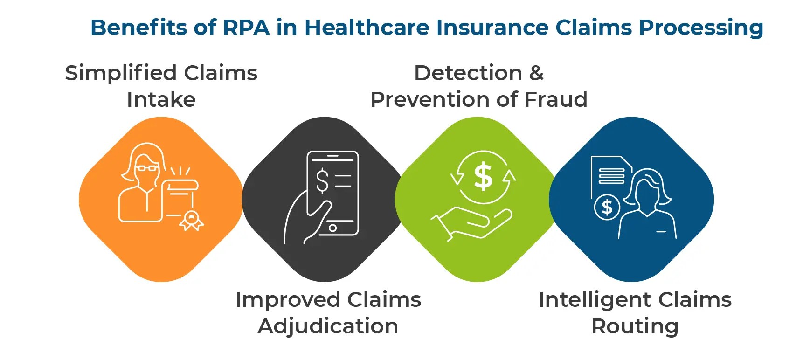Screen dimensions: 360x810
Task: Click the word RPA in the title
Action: [x=246, y=28]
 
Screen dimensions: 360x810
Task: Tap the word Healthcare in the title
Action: [x=367, y=28]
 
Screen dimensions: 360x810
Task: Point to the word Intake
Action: [x=161, y=100]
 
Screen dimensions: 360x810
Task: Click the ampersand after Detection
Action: [x=536, y=73]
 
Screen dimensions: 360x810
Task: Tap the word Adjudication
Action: [x=328, y=326]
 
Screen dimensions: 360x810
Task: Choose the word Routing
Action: [x=635, y=326]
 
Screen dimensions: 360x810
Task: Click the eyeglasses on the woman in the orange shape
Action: [x=147, y=168]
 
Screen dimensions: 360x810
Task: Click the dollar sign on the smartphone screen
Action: [x=322, y=181]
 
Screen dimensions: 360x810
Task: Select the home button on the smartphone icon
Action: [x=332, y=228]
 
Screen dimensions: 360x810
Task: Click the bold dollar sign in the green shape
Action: [x=483, y=177]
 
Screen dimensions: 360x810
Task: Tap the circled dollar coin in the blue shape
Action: [x=607, y=207]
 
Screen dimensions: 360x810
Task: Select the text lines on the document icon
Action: [x=611, y=176]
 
